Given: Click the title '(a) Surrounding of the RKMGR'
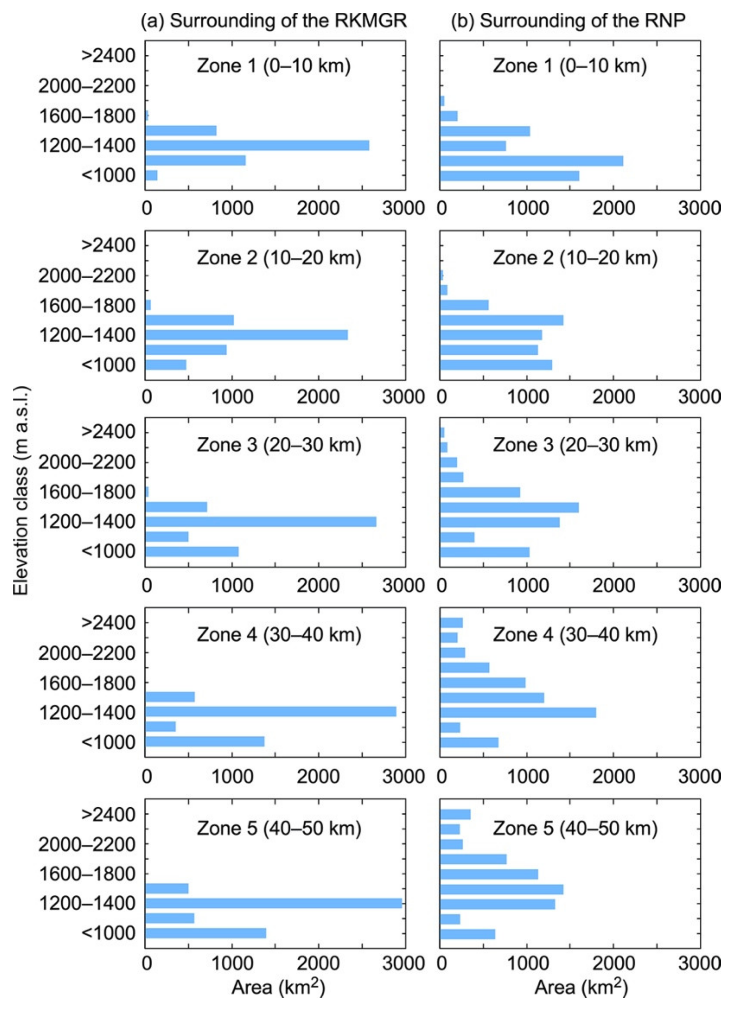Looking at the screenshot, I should pos(274,21).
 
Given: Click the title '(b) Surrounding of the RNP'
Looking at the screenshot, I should pos(568,21).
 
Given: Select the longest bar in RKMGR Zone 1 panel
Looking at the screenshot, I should pos(257,145).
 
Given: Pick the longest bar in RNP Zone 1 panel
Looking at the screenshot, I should pos(532,161).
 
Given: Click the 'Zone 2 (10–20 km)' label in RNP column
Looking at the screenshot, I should pos(575,258).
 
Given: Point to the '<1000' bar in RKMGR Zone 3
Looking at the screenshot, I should pos(192,552).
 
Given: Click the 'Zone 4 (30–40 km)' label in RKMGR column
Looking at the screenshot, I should pos(279,635).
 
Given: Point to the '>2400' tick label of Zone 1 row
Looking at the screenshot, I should pos(108,56).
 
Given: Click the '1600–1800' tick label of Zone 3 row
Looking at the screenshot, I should pos(87,492).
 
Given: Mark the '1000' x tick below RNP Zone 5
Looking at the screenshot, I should pos(528,964).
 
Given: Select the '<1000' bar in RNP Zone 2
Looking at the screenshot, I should pos(496,365).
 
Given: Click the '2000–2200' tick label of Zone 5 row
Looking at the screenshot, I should pos(87,845).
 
